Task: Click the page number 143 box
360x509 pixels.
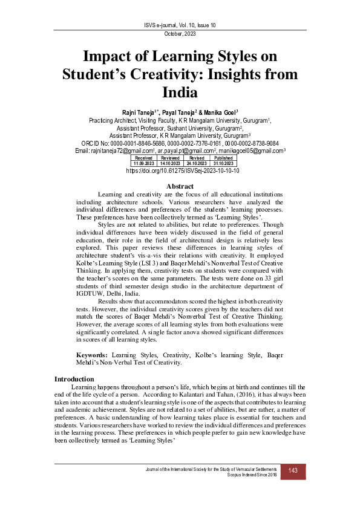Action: click(x=293, y=471)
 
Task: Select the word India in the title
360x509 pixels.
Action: click(x=180, y=92)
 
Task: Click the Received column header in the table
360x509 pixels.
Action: click(x=143, y=157)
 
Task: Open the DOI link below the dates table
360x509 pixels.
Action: click(x=180, y=171)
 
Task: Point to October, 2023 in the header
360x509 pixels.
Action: click(x=180, y=34)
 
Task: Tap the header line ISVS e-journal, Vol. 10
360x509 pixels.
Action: click(x=180, y=24)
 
